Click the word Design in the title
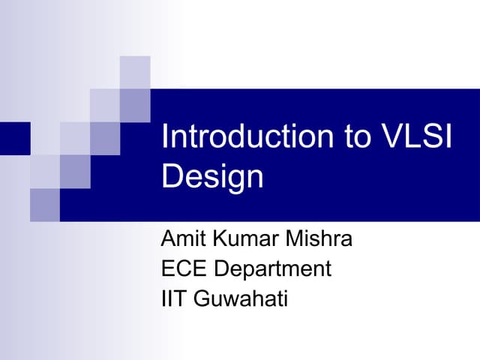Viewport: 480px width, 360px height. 213,177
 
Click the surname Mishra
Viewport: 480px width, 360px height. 315,241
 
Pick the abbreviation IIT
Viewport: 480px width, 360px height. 174,298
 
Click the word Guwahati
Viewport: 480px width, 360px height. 241,298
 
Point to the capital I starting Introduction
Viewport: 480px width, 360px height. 165,138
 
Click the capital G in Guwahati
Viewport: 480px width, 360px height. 201,298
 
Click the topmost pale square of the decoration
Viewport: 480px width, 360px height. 135,72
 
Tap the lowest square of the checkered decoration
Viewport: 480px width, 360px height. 45,205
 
